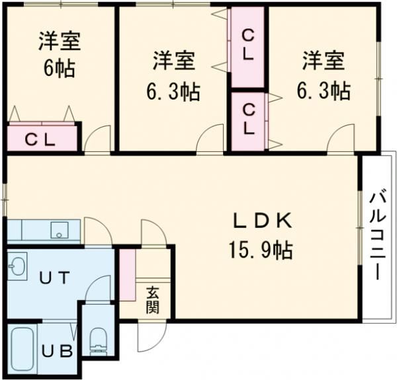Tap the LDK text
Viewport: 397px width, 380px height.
(x=260, y=221)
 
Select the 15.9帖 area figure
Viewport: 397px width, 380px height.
(x=260, y=250)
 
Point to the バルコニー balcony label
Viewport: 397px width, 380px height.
(x=378, y=235)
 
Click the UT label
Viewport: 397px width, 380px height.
(x=54, y=278)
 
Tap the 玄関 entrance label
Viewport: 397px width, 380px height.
(x=153, y=299)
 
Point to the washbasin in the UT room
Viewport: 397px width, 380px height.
(x=17, y=267)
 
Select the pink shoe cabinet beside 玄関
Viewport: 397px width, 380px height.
(x=126, y=273)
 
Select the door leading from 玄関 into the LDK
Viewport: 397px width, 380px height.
(x=150, y=235)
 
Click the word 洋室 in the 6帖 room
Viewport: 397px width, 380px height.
(x=60, y=41)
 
